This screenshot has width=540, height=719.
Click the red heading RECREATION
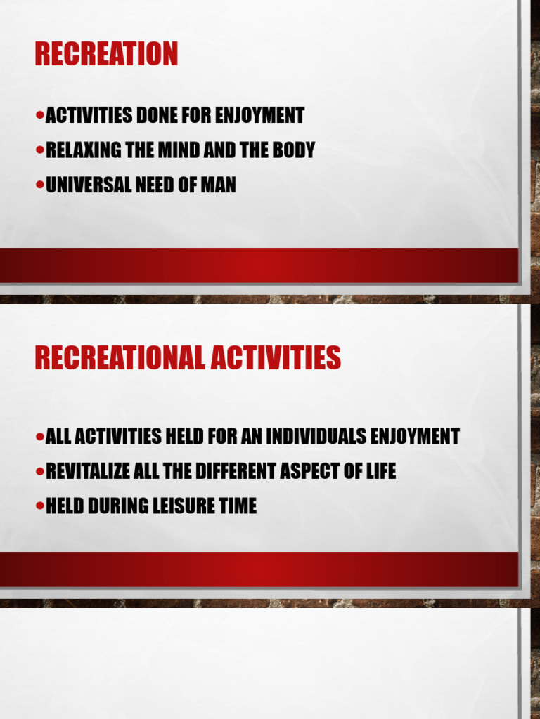click(x=106, y=55)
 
